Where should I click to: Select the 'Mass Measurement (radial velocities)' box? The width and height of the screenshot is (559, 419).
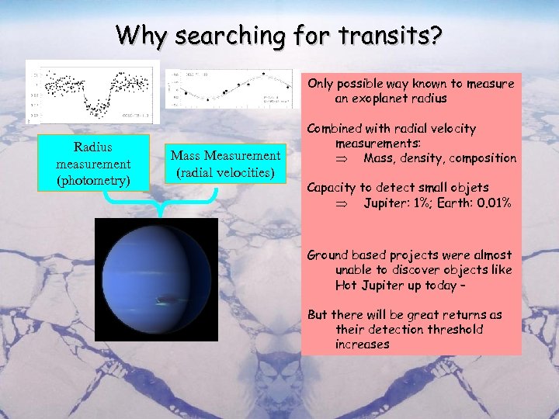225,164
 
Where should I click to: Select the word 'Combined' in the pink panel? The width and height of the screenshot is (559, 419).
335,129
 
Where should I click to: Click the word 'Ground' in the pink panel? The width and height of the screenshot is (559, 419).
328,255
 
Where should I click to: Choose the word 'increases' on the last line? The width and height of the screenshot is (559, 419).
363,344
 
